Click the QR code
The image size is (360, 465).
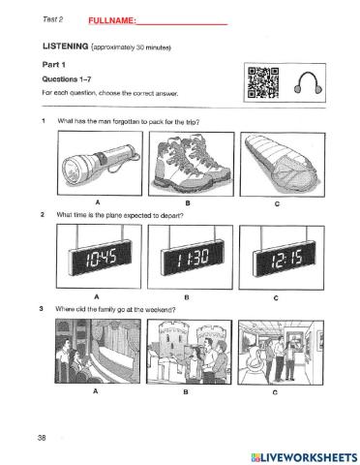263,82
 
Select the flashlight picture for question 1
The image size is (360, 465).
100,163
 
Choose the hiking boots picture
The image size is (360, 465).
192,164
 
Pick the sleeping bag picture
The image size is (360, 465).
283,165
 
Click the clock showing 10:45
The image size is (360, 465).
99,257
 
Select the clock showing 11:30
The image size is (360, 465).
190,257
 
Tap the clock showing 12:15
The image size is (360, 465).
282,258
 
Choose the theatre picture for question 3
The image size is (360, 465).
98,351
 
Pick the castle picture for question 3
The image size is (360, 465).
190,352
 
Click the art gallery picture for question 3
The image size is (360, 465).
281,353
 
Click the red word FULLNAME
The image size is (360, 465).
112,20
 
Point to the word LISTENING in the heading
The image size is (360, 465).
65,46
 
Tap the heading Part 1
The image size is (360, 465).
53,65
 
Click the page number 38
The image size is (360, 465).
42,438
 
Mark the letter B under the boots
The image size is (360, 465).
188,203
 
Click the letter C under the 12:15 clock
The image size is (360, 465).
276,298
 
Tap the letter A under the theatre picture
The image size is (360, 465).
95,391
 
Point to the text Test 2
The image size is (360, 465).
52,19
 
